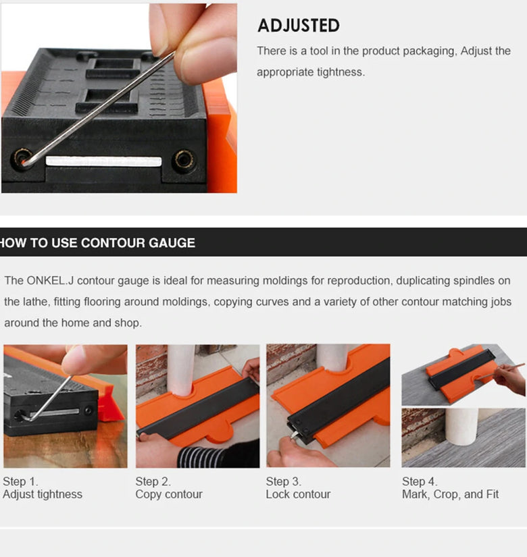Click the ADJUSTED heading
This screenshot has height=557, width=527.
pyautogui.click(x=299, y=26)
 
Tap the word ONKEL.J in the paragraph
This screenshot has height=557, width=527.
pyautogui.click(x=50, y=280)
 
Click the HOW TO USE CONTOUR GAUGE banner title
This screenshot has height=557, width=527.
pyautogui.click(x=97, y=243)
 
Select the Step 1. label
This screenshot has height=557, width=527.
pyautogui.click(x=20, y=481)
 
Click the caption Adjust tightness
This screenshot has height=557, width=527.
pyautogui.click(x=43, y=494)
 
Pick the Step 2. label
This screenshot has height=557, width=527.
pyautogui.click(x=153, y=481)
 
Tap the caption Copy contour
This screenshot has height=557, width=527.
pyautogui.click(x=169, y=494)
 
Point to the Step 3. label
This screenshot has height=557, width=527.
pyautogui.click(x=283, y=481)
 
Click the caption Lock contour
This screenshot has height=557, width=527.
pyautogui.click(x=299, y=494)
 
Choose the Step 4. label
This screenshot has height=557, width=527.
pyautogui.click(x=420, y=481)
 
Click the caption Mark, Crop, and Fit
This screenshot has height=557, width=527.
pyautogui.click(x=451, y=494)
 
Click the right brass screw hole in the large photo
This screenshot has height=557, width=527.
pyautogui.click(x=184, y=159)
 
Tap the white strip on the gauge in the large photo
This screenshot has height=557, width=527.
pyautogui.click(x=103, y=161)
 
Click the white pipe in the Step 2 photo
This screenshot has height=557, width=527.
pyautogui.click(x=181, y=370)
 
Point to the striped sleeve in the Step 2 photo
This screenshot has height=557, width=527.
pyautogui.click(x=200, y=457)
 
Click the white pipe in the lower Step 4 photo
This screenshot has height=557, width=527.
pyautogui.click(x=461, y=426)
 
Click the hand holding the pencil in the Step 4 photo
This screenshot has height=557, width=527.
pyautogui.click(x=511, y=379)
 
